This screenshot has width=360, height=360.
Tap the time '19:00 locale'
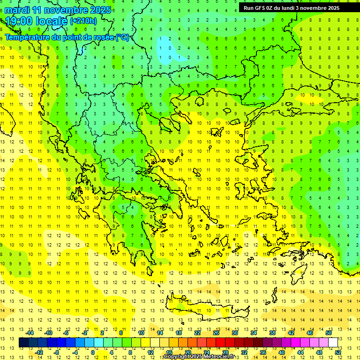(x=37, y=21)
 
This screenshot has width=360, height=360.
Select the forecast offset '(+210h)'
(x=83, y=21)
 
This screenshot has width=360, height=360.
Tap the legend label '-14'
(x=30, y=333)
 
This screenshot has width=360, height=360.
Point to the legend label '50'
(x=329, y=333)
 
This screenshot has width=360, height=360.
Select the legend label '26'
(x=216, y=333)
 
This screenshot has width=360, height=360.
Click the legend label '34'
(x=254, y=333)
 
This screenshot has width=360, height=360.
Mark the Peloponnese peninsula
(x=136, y=239)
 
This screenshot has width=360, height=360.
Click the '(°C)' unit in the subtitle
(x=122, y=37)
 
